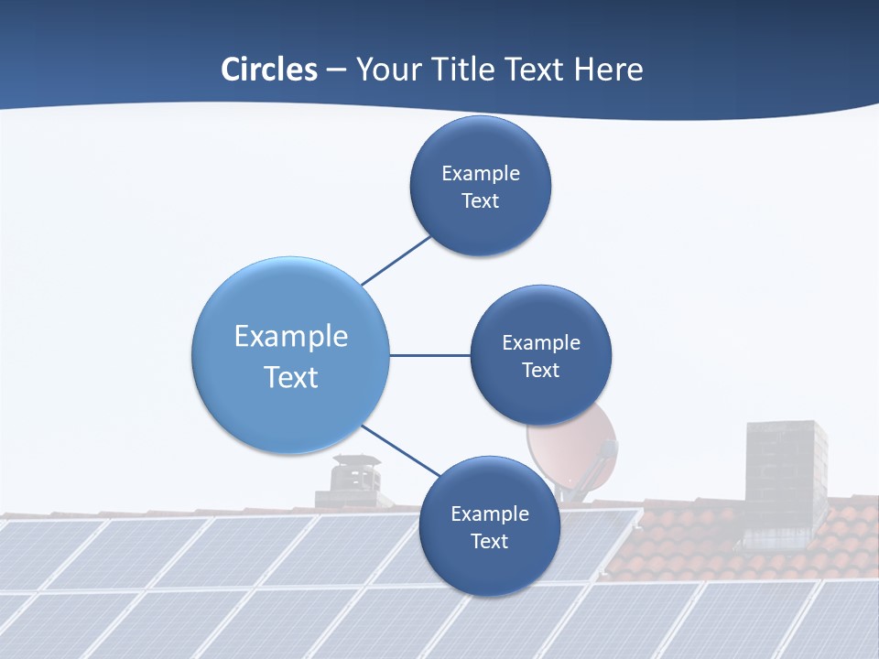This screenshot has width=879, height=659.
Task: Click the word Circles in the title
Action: point(268,70)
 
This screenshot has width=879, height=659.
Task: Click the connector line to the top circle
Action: point(397,260)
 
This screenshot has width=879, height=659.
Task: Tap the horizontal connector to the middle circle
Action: point(430,355)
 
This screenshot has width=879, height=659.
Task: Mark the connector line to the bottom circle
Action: point(401,451)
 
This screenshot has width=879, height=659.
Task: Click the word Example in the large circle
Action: point(291,337)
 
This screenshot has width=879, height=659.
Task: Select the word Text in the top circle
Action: point(480,201)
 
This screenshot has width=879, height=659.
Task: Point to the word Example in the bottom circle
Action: point(490,514)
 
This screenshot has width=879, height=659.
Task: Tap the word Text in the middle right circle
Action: point(540,370)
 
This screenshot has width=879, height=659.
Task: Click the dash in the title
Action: point(336,70)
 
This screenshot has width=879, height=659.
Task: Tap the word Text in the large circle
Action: point(291,377)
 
